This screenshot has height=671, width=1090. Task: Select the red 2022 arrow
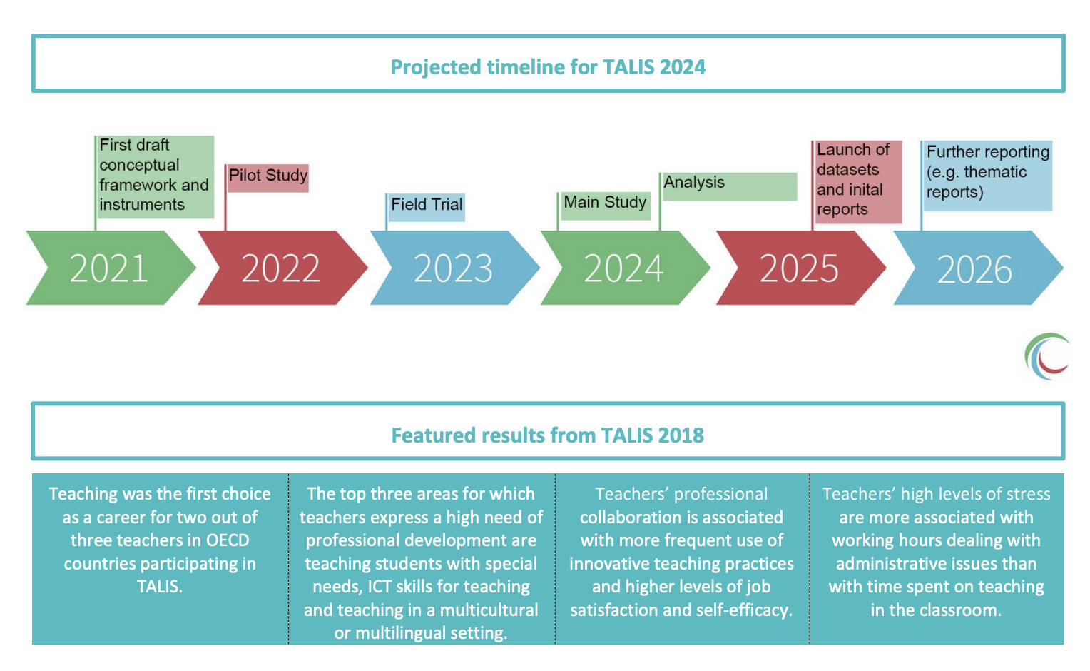[x=282, y=268]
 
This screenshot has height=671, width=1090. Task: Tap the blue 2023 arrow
[x=455, y=268]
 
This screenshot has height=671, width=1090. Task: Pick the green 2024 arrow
[x=626, y=268]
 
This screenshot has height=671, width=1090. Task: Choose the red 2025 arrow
[x=801, y=268]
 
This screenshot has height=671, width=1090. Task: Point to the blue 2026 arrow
[x=978, y=268]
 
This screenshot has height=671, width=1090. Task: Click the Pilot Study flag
[x=268, y=178]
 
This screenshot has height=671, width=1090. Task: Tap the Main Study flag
[x=604, y=206]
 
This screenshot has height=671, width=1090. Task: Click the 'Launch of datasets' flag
[x=857, y=181]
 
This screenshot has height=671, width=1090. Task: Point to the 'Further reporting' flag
[x=987, y=176]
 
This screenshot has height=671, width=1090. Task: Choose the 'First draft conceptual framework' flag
[x=155, y=177]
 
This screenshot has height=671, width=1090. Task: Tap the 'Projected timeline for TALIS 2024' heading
[x=548, y=67]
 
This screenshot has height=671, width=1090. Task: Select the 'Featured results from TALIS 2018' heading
[x=548, y=435]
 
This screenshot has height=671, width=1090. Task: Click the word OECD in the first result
[x=228, y=540]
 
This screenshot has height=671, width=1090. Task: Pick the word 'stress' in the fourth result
[x=1026, y=494]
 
